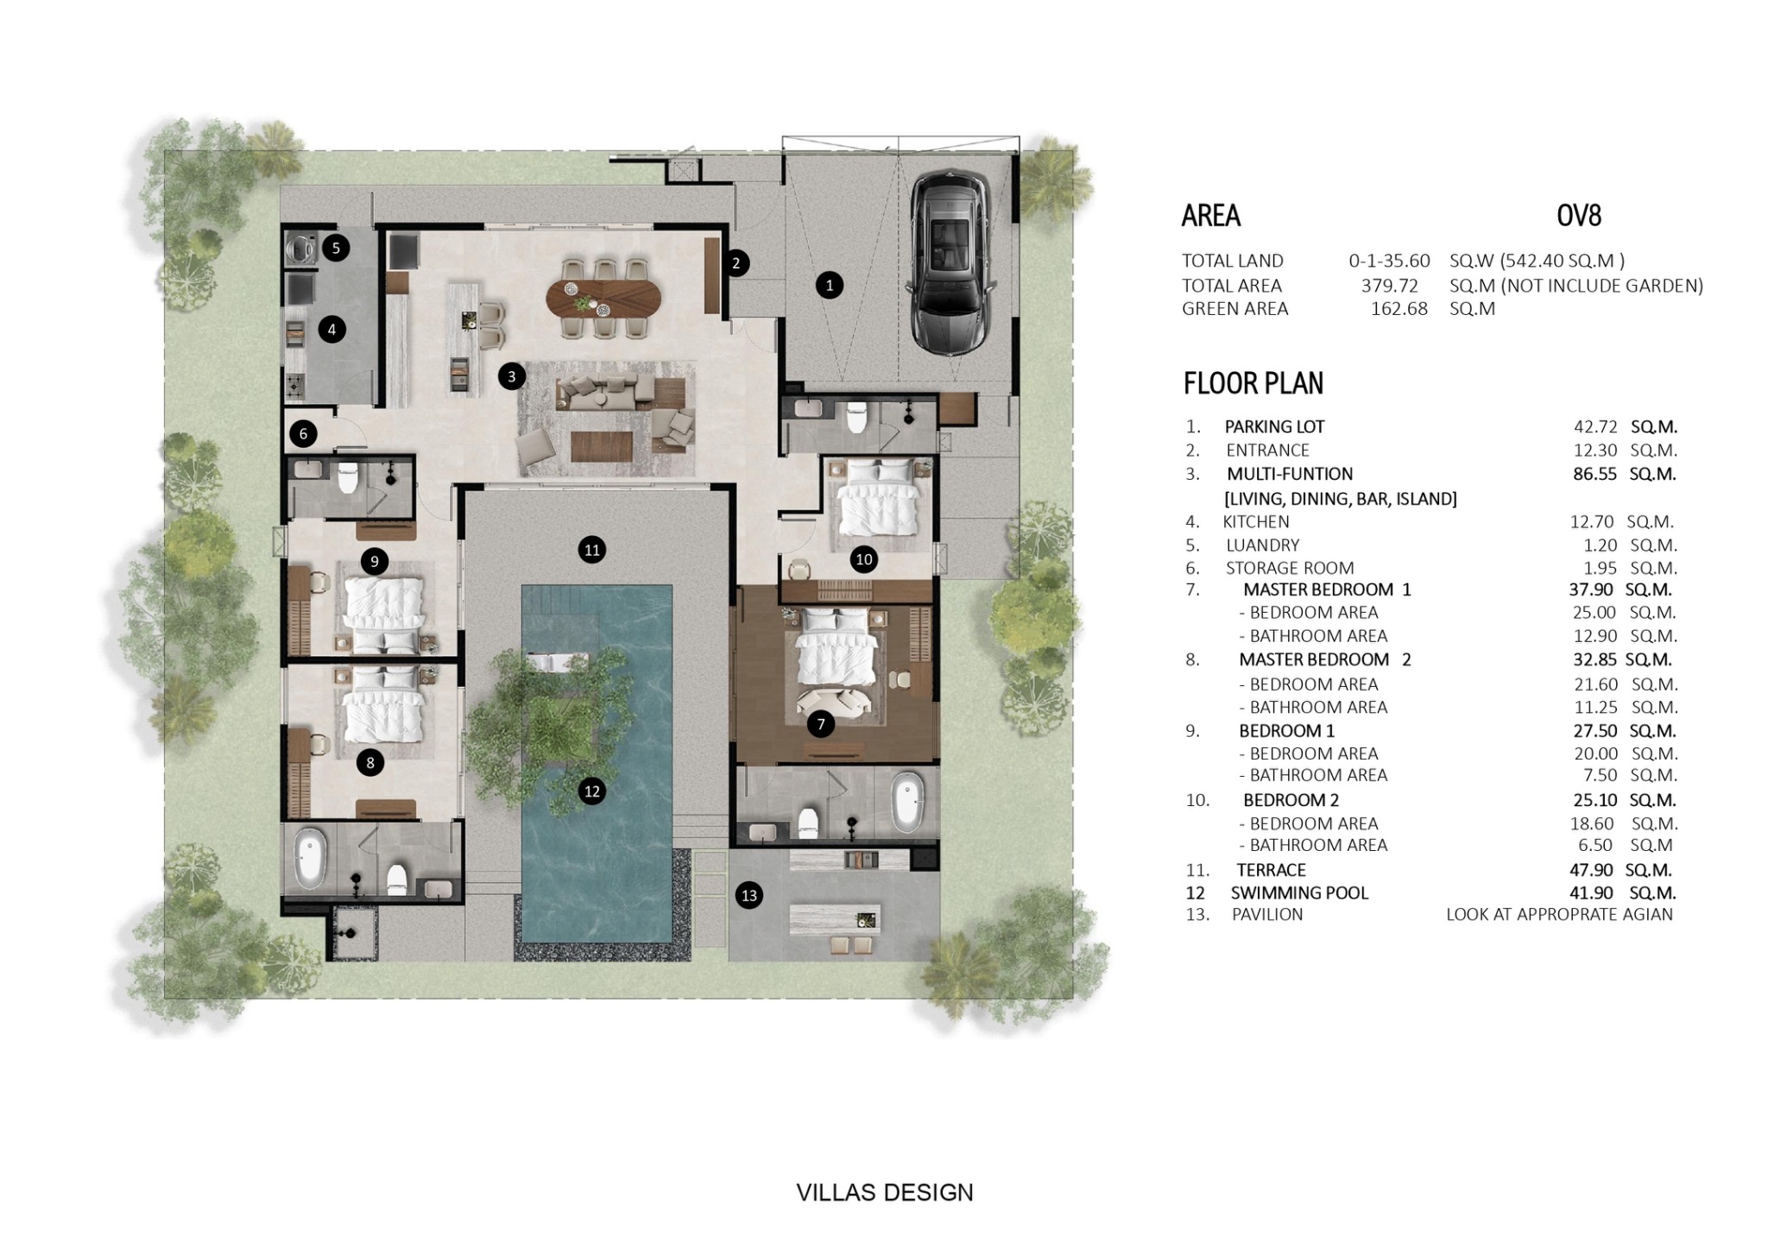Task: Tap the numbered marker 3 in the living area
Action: pos(512,376)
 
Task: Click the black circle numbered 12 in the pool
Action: pos(591,791)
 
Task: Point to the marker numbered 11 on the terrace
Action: pos(591,550)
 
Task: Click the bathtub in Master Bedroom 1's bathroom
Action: pos(907,802)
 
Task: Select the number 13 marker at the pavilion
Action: pos(749,895)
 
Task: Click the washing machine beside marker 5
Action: pos(301,249)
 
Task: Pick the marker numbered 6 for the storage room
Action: pos(303,433)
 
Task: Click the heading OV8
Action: pos(1579,215)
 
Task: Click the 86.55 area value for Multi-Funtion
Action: pos(1594,474)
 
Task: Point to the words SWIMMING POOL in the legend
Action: pos(1299,893)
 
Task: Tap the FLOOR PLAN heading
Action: pos(1253,383)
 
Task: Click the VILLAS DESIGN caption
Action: pos(885,1193)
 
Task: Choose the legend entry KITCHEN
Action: pos(1256,521)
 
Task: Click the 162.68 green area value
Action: pos(1399,309)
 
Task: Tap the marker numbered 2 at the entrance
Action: pos(736,263)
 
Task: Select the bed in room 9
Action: pos(384,614)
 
